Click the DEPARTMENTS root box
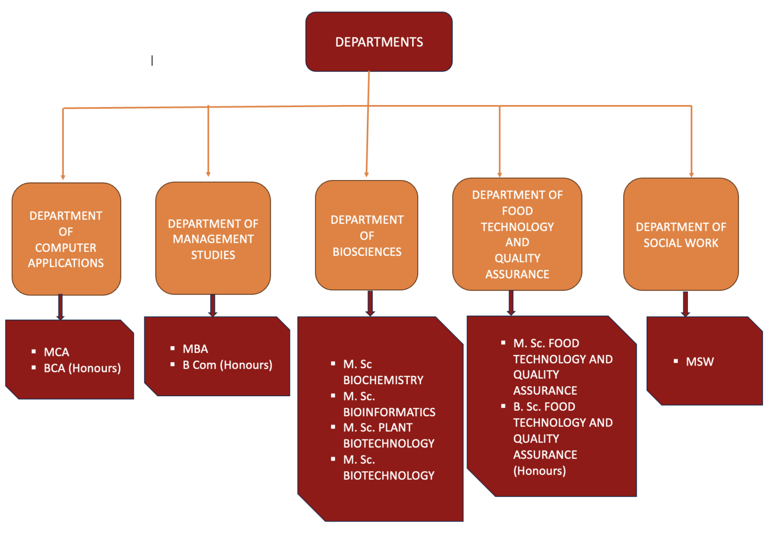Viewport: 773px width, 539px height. (379, 42)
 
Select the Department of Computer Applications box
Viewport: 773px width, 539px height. (66, 239)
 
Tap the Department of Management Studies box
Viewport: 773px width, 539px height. (213, 239)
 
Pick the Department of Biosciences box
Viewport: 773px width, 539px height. (367, 235)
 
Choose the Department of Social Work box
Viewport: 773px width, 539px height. (681, 235)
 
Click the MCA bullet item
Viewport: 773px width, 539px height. (56, 352)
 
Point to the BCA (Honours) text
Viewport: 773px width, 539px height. (82, 368)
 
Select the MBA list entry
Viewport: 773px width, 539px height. (195, 349)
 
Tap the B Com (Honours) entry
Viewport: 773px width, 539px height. (227, 365)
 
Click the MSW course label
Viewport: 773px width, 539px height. (700, 362)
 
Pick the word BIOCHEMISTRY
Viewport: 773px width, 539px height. (383, 380)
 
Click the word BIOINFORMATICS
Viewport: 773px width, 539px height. (389, 412)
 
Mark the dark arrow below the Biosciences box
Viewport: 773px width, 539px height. (370, 303)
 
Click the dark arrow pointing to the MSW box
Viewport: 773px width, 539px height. (685, 304)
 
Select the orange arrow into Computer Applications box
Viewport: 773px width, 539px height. (63, 146)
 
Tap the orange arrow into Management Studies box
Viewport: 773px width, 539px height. (208, 143)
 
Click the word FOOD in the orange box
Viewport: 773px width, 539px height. (517, 211)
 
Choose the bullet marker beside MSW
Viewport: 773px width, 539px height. (676, 361)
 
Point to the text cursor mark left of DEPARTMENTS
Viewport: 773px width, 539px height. (152, 60)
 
